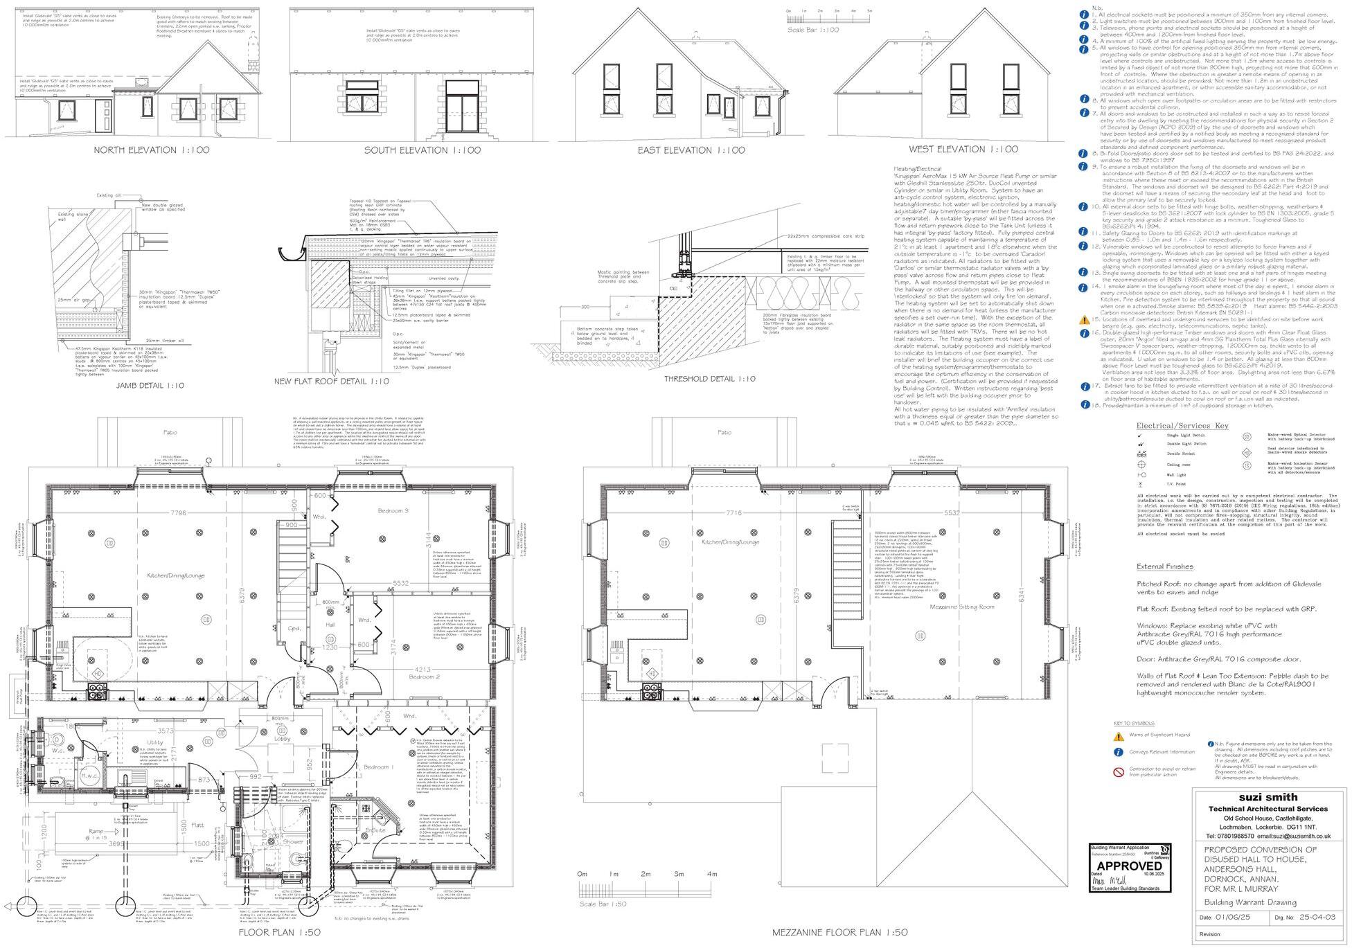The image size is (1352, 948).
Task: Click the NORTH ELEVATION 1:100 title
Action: pos(152,150)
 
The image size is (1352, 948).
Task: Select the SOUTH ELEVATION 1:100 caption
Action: pos(423,150)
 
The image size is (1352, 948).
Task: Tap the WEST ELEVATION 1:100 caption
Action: pos(963,149)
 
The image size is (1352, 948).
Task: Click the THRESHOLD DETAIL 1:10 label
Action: pos(710,379)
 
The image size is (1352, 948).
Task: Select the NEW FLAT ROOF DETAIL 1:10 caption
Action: pos(332,382)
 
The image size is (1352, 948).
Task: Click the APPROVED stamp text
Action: pos(1130,866)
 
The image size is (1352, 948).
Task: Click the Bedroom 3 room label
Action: pos(393,511)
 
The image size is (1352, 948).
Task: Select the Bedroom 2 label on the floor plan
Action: pos(424,677)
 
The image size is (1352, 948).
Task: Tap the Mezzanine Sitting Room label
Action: pos(962,607)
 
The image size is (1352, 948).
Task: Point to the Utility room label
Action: pos(155,742)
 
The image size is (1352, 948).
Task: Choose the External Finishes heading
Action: pos(1164,566)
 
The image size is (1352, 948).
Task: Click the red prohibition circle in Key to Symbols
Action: pos(1118,772)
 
